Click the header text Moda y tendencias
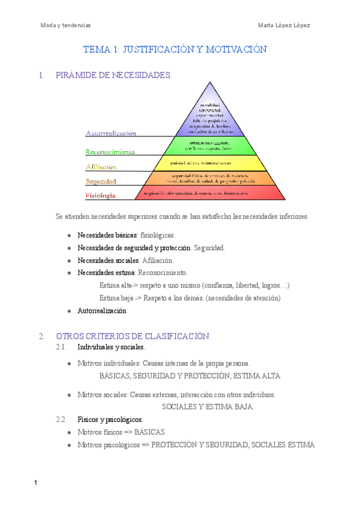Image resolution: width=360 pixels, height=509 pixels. point(65,25)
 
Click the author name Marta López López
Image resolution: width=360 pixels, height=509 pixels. point(284,25)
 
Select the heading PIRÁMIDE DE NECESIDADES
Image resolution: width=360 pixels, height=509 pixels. point(113,76)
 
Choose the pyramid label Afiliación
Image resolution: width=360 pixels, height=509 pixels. point(101,167)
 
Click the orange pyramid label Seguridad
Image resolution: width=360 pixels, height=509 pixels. point(101,181)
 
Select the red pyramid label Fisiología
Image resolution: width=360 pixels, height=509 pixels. point(100,196)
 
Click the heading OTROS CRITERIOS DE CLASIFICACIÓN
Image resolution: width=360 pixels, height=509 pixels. point(133,336)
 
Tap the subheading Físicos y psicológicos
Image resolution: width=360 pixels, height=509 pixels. point(110,419)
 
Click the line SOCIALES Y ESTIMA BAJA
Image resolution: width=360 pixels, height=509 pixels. point(208,406)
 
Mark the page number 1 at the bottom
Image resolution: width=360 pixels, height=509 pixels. point(36,484)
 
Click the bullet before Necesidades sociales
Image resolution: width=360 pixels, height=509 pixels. point(70,261)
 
